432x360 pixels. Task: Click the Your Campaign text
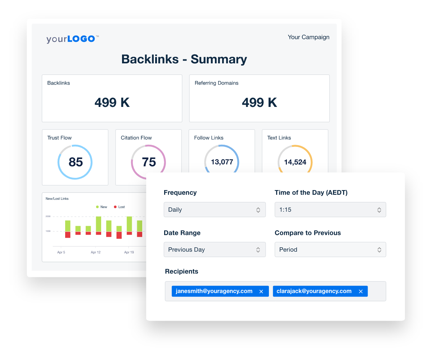click(x=309, y=37)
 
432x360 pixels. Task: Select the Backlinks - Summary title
click(x=184, y=59)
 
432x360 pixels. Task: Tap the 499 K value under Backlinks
click(x=112, y=103)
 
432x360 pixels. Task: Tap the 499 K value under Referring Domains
click(x=259, y=103)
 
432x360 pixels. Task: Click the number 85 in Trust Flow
click(x=76, y=162)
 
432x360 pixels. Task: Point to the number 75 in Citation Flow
click(x=149, y=162)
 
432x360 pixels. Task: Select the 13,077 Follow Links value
click(x=222, y=162)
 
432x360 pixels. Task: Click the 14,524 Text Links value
click(x=295, y=162)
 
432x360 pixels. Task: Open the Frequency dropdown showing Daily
click(x=215, y=210)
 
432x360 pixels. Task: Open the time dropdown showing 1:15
click(x=330, y=210)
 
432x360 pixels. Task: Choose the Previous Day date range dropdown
click(x=215, y=249)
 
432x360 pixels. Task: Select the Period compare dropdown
click(x=330, y=249)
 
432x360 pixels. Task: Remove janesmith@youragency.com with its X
click(x=261, y=292)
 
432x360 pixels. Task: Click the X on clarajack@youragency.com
click(x=361, y=292)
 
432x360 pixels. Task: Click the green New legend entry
click(x=102, y=207)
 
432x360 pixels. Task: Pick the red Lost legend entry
click(x=120, y=207)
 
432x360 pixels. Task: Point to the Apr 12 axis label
click(x=96, y=252)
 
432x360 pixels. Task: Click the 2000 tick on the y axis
click(x=48, y=216)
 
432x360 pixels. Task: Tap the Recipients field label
click(x=181, y=271)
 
